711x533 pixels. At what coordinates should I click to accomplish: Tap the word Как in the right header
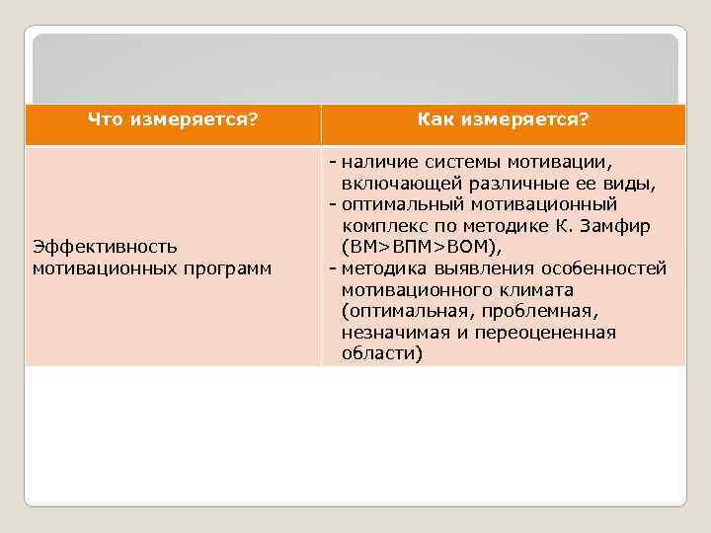[x=434, y=120]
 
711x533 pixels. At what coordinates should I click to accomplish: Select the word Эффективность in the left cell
[x=105, y=246]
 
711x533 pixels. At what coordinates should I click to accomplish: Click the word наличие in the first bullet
[x=379, y=161]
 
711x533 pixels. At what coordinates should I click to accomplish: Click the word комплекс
[x=383, y=226]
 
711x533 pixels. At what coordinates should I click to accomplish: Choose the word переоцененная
[x=545, y=333]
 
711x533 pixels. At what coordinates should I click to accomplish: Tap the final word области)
[x=381, y=353]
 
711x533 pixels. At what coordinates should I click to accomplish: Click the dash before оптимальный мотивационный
[x=333, y=204]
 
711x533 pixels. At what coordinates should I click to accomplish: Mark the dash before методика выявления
[x=333, y=268]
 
